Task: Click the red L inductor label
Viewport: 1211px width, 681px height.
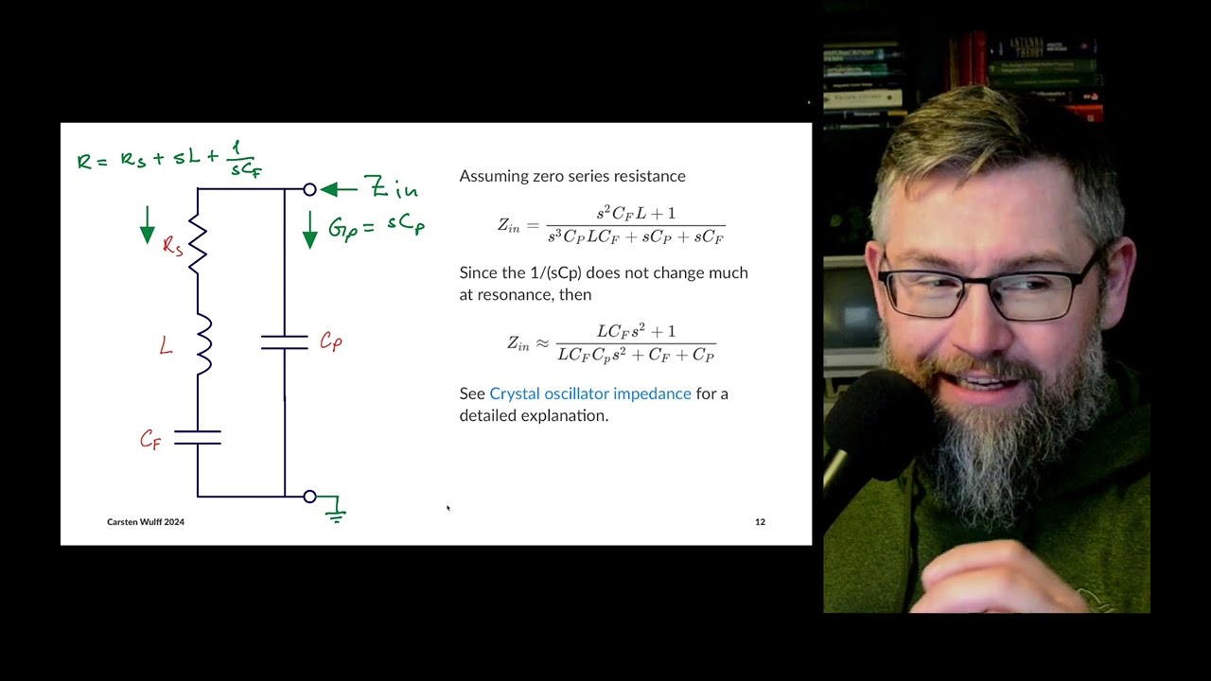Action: tap(167, 347)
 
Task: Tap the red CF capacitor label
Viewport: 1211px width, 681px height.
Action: tap(150, 440)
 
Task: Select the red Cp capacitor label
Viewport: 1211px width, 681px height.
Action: tap(330, 341)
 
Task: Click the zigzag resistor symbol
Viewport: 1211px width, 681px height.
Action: tap(198, 242)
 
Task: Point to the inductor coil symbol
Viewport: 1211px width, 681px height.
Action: tap(202, 345)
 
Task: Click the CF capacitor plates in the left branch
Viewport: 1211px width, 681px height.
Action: tap(198, 437)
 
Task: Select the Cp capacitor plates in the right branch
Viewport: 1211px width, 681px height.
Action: tap(285, 341)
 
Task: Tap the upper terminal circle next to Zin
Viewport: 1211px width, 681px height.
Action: tap(309, 189)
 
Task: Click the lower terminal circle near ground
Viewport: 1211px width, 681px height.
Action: tap(309, 497)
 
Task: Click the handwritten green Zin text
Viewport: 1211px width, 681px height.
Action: tap(391, 188)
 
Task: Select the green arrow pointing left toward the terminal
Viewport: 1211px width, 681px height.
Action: tap(338, 189)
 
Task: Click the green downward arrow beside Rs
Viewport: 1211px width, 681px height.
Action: tap(148, 224)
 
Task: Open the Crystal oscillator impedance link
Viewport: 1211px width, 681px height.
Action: tap(590, 393)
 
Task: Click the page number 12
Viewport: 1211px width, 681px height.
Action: tap(760, 522)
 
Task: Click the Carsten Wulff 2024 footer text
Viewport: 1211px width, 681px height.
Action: tap(146, 522)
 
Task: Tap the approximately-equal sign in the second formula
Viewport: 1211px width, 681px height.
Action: tap(542, 343)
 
